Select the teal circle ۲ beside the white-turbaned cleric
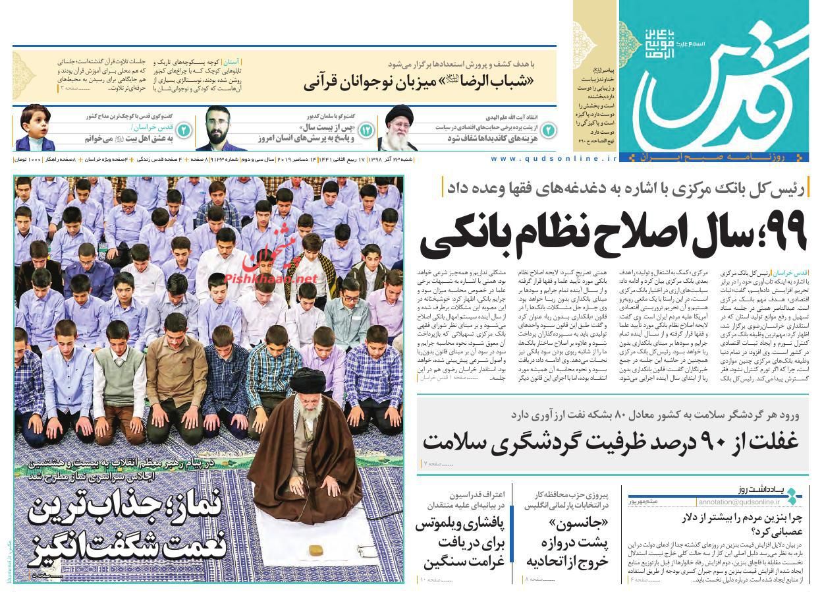548,131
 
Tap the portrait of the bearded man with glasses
217,129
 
